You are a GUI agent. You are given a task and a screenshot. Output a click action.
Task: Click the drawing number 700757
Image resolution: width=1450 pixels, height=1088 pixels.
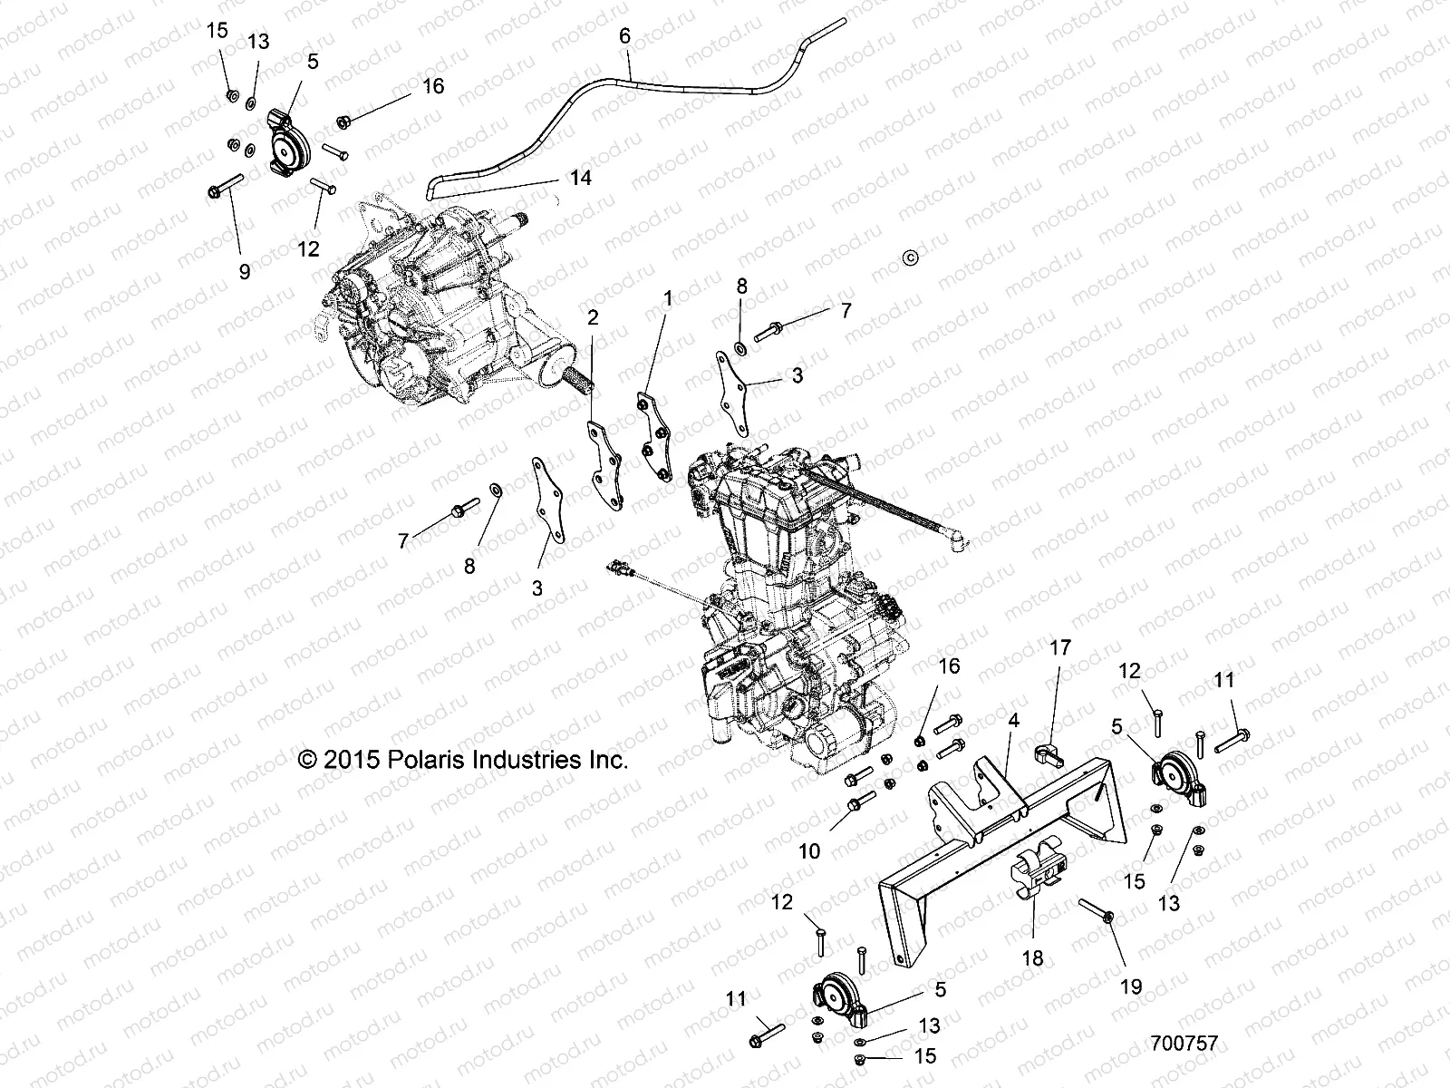click(x=1185, y=1044)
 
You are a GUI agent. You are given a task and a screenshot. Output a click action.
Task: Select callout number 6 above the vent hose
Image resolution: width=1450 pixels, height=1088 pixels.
click(x=623, y=36)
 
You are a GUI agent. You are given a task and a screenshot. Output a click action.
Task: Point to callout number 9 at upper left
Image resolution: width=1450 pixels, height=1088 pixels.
click(x=244, y=270)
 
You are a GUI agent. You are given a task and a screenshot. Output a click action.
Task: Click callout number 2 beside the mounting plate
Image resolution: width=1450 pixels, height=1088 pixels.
click(x=593, y=318)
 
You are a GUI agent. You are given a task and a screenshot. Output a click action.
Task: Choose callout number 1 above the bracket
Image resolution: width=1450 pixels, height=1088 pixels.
click(x=668, y=297)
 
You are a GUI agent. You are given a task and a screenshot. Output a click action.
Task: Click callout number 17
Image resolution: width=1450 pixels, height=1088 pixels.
click(x=1059, y=647)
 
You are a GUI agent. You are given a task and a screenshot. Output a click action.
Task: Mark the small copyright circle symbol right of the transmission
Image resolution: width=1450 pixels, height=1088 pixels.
click(x=911, y=257)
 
